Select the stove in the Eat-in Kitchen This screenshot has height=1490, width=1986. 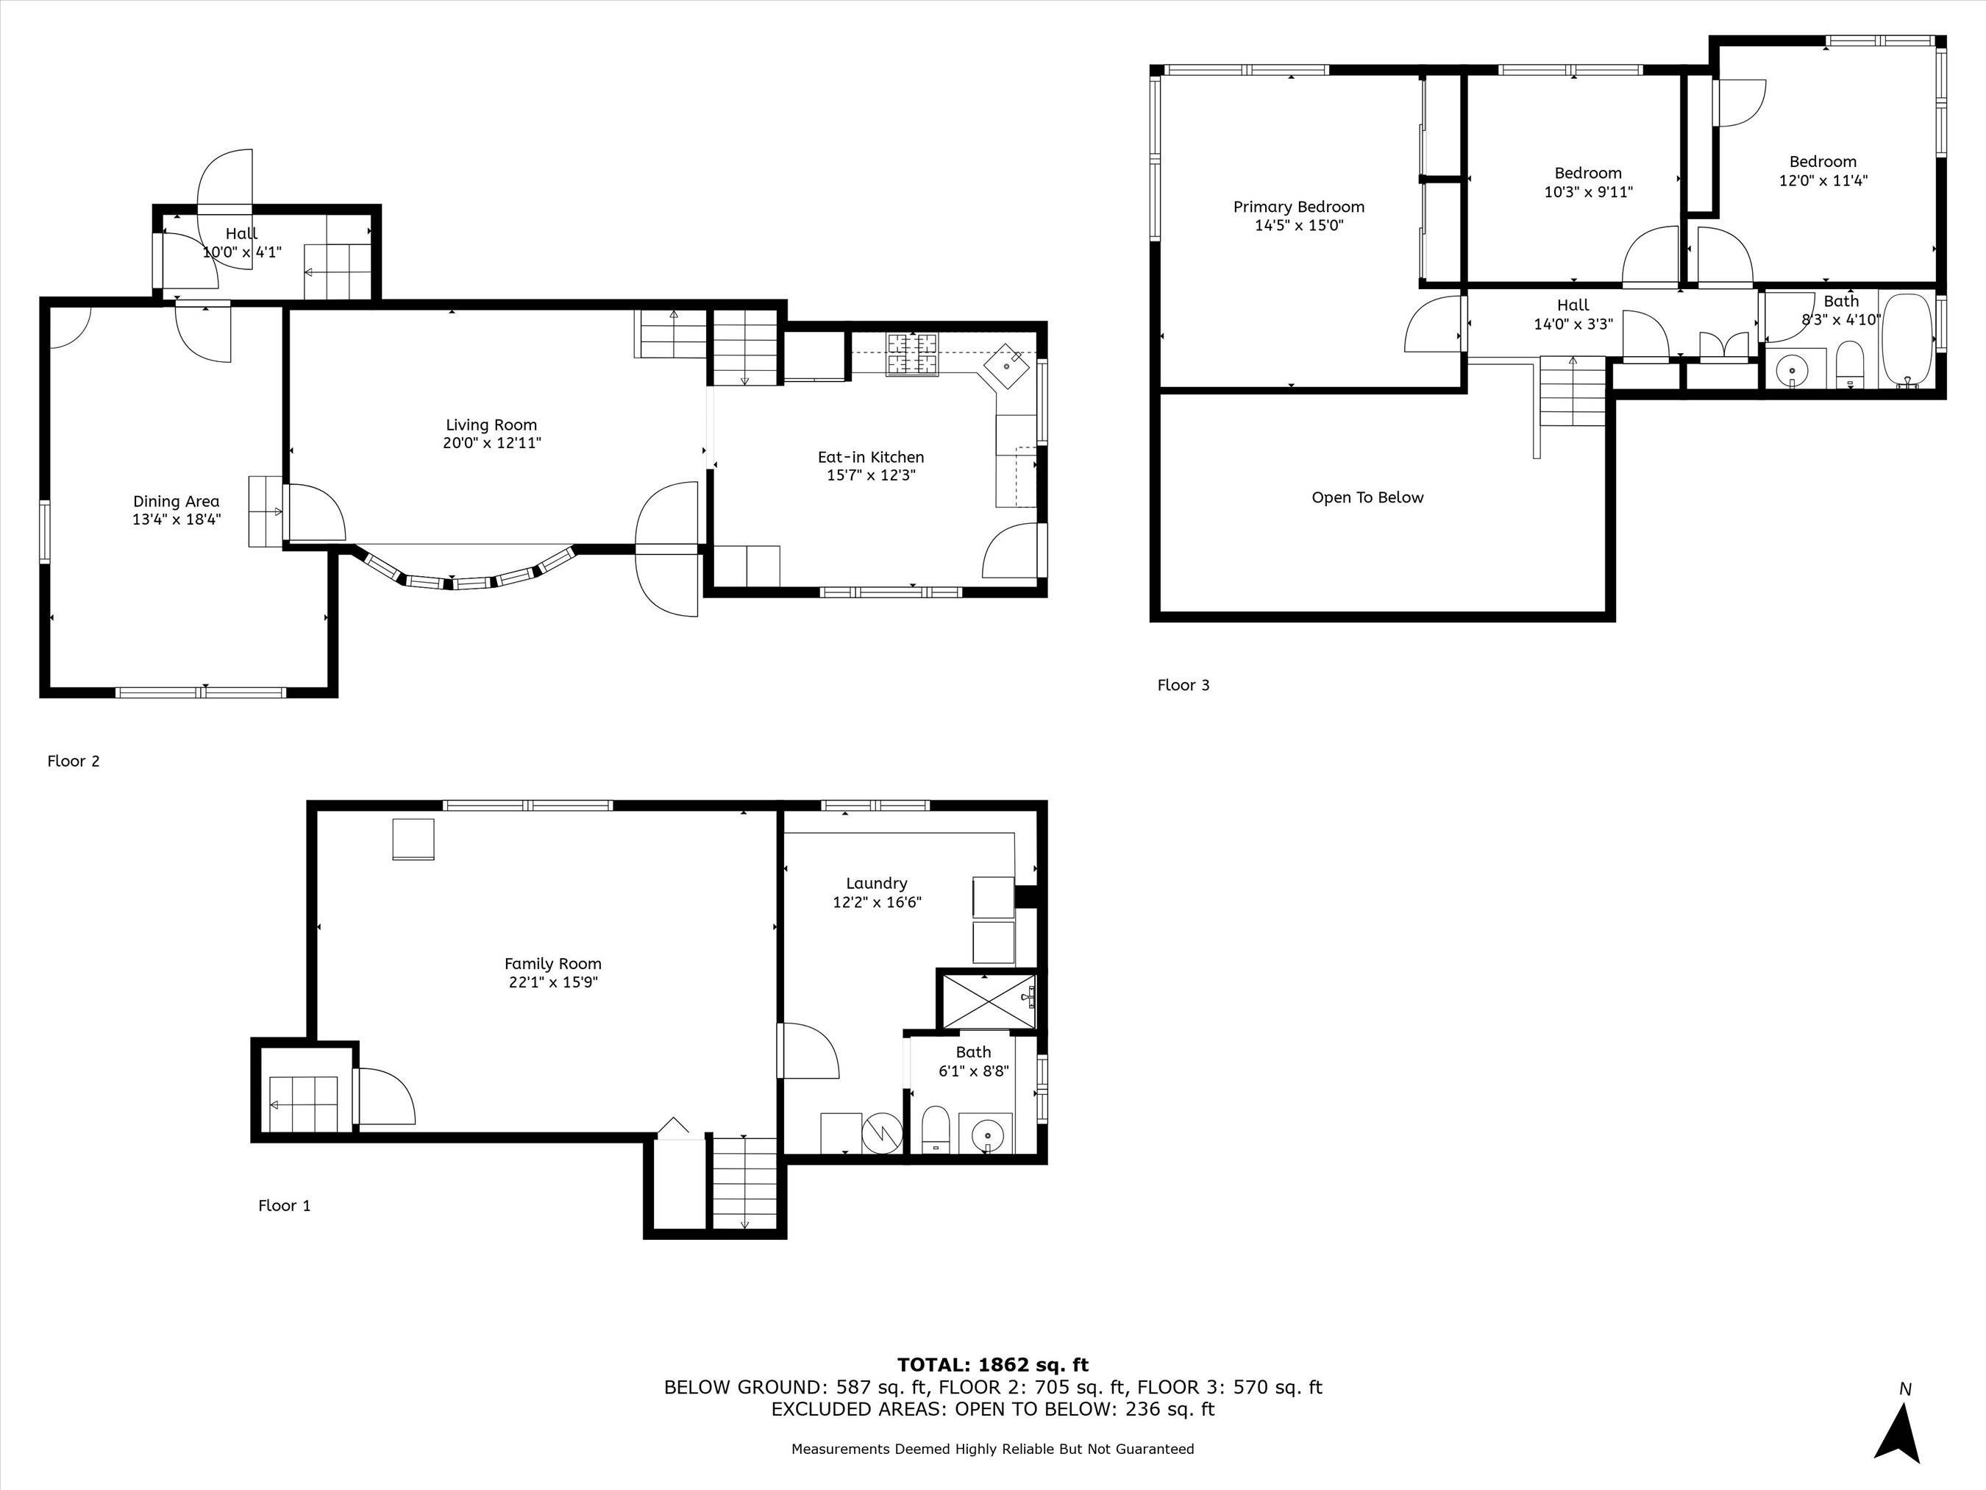pos(912,354)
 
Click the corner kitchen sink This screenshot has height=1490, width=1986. pos(1008,366)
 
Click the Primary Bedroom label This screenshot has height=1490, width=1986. pos(1298,207)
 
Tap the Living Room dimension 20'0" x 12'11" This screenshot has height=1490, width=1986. pos(492,443)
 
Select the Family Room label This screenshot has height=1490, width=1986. pos(553,964)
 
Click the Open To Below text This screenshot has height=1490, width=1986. pos(1367,497)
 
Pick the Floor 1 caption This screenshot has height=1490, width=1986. pos(285,1205)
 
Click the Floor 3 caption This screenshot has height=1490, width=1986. pos(1184,685)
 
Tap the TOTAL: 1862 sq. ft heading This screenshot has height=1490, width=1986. pos(993,1365)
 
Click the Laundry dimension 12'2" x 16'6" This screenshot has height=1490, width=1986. pos(878,901)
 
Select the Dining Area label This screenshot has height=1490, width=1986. pos(176,502)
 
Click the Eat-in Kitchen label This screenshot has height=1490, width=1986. pos(871,457)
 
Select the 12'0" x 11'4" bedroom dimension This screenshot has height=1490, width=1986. pos(1823,180)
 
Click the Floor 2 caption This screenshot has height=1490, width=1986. pos(74,762)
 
